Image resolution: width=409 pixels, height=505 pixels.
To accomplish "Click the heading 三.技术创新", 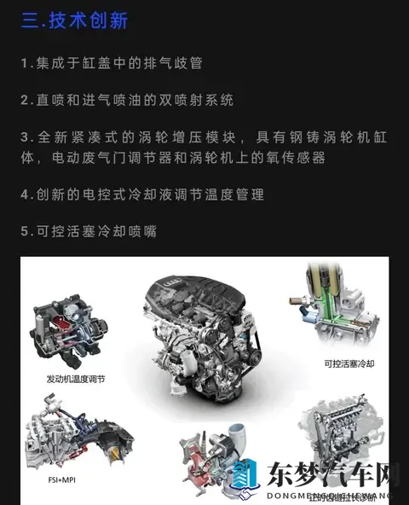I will point(74,20).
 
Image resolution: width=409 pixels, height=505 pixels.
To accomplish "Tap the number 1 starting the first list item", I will point(25,63).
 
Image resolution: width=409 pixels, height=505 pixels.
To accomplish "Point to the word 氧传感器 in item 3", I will point(294,158).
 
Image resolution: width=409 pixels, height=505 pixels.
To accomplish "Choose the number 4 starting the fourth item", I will point(25,194).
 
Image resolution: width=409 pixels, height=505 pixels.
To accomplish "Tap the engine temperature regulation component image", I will point(72,328).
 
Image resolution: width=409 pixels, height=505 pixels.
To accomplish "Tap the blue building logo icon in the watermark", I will point(245,479).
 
